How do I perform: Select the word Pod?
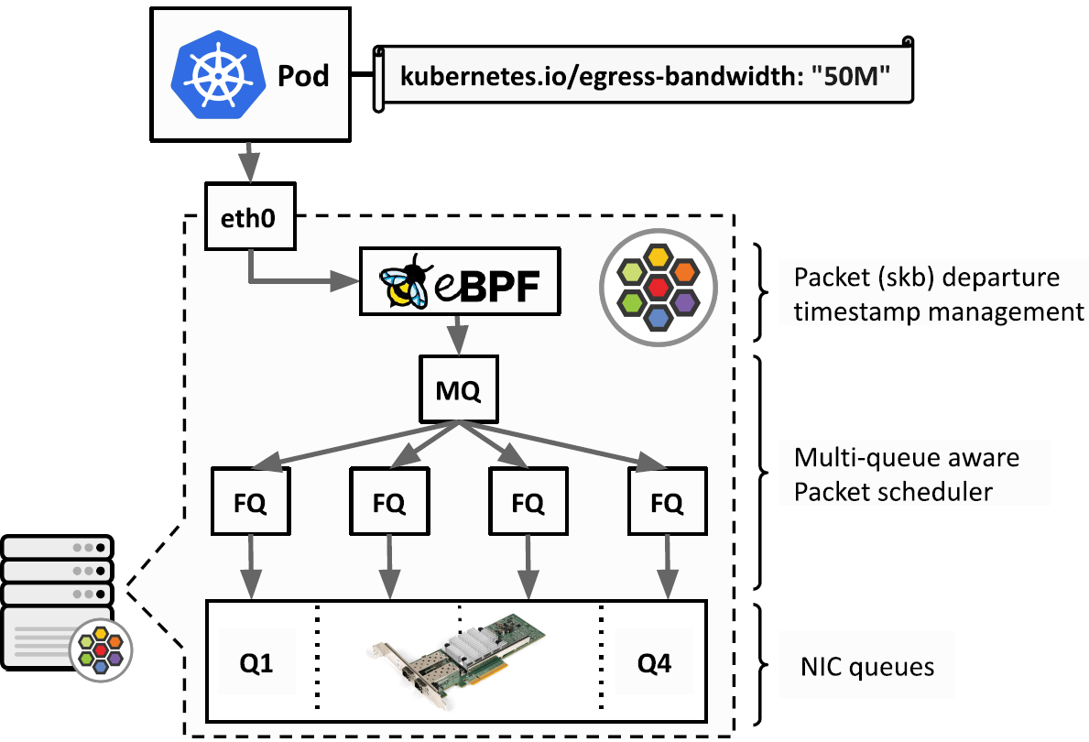[x=303, y=75]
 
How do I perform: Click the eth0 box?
[x=250, y=221]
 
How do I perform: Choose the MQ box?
[x=458, y=391]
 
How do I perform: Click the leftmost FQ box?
[x=250, y=502]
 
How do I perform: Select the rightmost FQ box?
[x=667, y=502]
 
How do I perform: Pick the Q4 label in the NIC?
[x=655, y=662]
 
